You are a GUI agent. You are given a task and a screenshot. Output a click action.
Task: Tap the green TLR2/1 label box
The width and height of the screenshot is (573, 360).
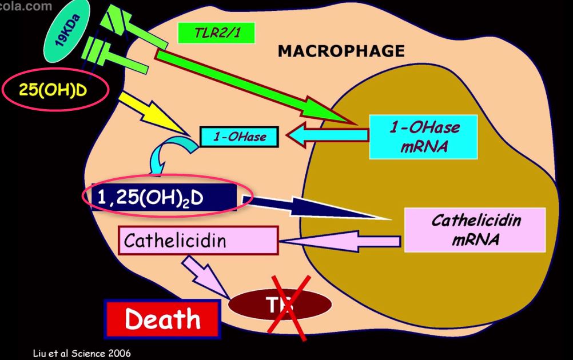[216, 33]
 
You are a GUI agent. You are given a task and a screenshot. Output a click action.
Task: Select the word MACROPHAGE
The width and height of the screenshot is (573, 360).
[341, 51]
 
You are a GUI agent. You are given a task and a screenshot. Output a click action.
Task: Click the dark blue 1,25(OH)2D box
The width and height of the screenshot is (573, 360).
[163, 198]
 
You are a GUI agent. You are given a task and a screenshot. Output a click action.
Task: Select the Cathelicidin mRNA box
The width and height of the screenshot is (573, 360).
[475, 230]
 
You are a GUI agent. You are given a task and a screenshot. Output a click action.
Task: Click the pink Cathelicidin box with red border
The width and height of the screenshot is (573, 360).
[198, 240]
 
